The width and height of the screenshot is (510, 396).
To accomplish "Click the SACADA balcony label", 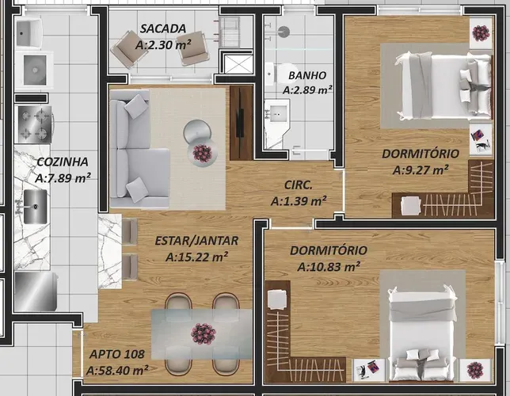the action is click(x=163, y=29).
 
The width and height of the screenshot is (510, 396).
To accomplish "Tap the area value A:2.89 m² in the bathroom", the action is click(x=307, y=89).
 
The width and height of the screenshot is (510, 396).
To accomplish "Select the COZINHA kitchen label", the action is click(x=63, y=162).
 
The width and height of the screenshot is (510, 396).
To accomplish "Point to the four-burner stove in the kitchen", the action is click(x=35, y=124).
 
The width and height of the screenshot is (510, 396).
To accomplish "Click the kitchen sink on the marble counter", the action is click(x=35, y=207).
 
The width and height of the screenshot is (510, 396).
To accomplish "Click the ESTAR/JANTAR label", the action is click(x=196, y=241).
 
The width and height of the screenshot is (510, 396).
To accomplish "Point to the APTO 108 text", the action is click(x=116, y=354).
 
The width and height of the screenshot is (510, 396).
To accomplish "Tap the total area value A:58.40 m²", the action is click(x=117, y=371).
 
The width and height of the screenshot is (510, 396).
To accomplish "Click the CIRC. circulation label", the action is click(x=299, y=185).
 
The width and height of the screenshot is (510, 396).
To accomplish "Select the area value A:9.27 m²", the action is click(x=421, y=169).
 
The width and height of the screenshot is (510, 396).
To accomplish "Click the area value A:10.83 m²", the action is click(x=329, y=267).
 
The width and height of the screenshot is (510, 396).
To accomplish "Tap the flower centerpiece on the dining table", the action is click(x=204, y=334).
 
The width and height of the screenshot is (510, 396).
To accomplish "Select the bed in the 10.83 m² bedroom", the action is click(x=423, y=333).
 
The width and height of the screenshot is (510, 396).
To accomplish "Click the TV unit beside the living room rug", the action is click(x=242, y=123).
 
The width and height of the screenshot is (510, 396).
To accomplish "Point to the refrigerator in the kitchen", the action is click(x=36, y=291).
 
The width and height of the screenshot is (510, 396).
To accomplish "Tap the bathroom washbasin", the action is click(x=276, y=114).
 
